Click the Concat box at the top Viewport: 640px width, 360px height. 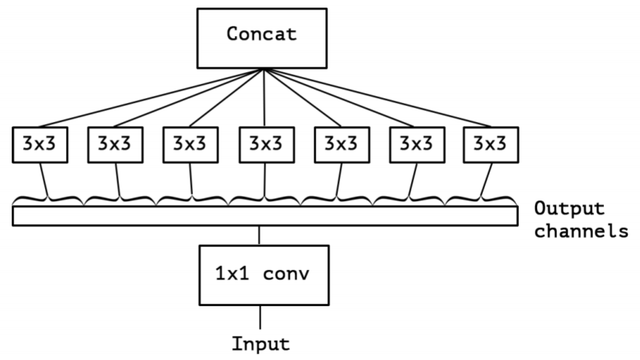pyautogui.click(x=263, y=34)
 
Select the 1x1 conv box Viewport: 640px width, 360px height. pyautogui.click(x=263, y=275)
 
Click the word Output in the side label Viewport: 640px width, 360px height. pyautogui.click(x=569, y=208)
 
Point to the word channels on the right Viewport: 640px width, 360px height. pyautogui.click(x=580, y=231)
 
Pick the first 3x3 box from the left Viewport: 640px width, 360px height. pyautogui.click(x=40, y=144)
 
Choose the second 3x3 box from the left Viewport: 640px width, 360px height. pyautogui.click(x=115, y=144)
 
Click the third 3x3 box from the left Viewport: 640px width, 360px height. pyautogui.click(x=190, y=144)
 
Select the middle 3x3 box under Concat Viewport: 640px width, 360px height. pyautogui.click(x=265, y=144)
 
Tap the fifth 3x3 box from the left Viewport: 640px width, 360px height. pyautogui.click(x=339, y=144)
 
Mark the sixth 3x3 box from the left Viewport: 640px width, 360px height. pyautogui.click(x=414, y=144)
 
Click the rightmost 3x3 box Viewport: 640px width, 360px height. pyautogui.click(x=489, y=144)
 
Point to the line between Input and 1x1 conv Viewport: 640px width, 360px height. pyautogui.click(x=260, y=316)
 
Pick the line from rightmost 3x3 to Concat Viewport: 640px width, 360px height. pyautogui.click(x=377, y=97)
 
